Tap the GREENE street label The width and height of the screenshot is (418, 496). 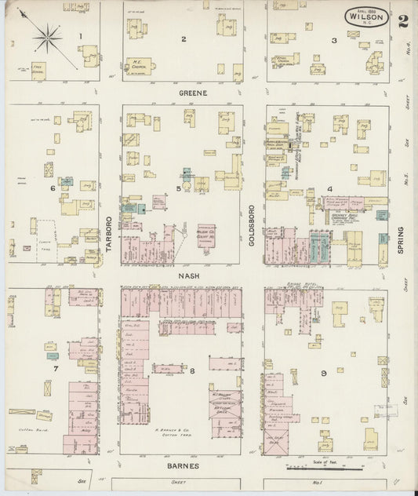click(191, 93)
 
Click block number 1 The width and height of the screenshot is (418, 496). click(80, 36)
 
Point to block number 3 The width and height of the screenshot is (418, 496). click(333, 40)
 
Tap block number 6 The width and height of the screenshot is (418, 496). click(53, 188)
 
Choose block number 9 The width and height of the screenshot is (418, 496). click(323, 373)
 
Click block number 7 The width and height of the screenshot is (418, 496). click(55, 367)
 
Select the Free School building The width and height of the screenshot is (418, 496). click(38, 70)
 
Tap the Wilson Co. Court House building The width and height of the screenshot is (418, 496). click(206, 235)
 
